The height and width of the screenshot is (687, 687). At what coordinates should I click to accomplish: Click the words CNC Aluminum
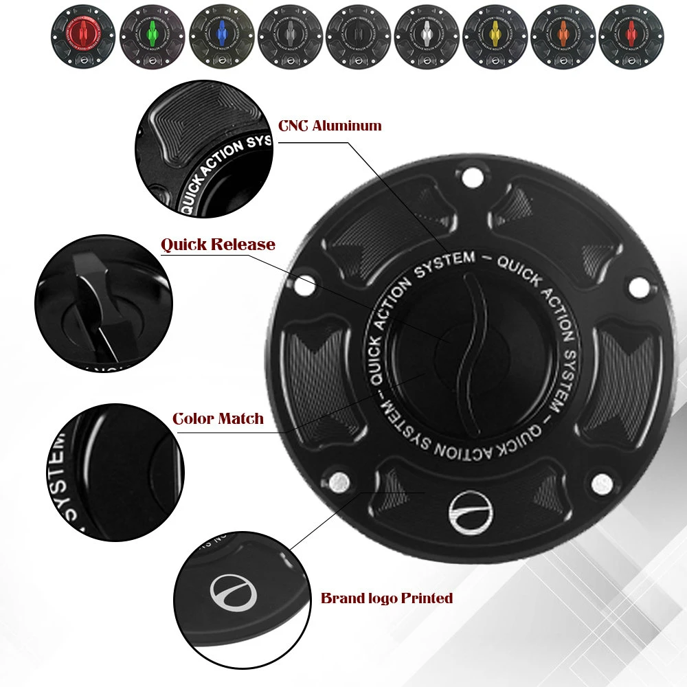click(x=330, y=126)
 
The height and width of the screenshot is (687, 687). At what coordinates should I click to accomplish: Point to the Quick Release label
click(x=218, y=245)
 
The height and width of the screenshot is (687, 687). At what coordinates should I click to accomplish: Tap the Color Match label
click(x=218, y=418)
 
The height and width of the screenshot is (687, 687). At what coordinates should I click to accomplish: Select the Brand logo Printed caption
click(x=387, y=598)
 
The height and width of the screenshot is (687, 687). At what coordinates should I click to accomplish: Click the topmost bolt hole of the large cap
click(x=471, y=178)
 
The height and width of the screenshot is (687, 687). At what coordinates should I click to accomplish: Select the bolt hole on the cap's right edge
click(x=640, y=285)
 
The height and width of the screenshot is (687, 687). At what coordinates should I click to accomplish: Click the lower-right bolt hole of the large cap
click(x=602, y=483)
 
